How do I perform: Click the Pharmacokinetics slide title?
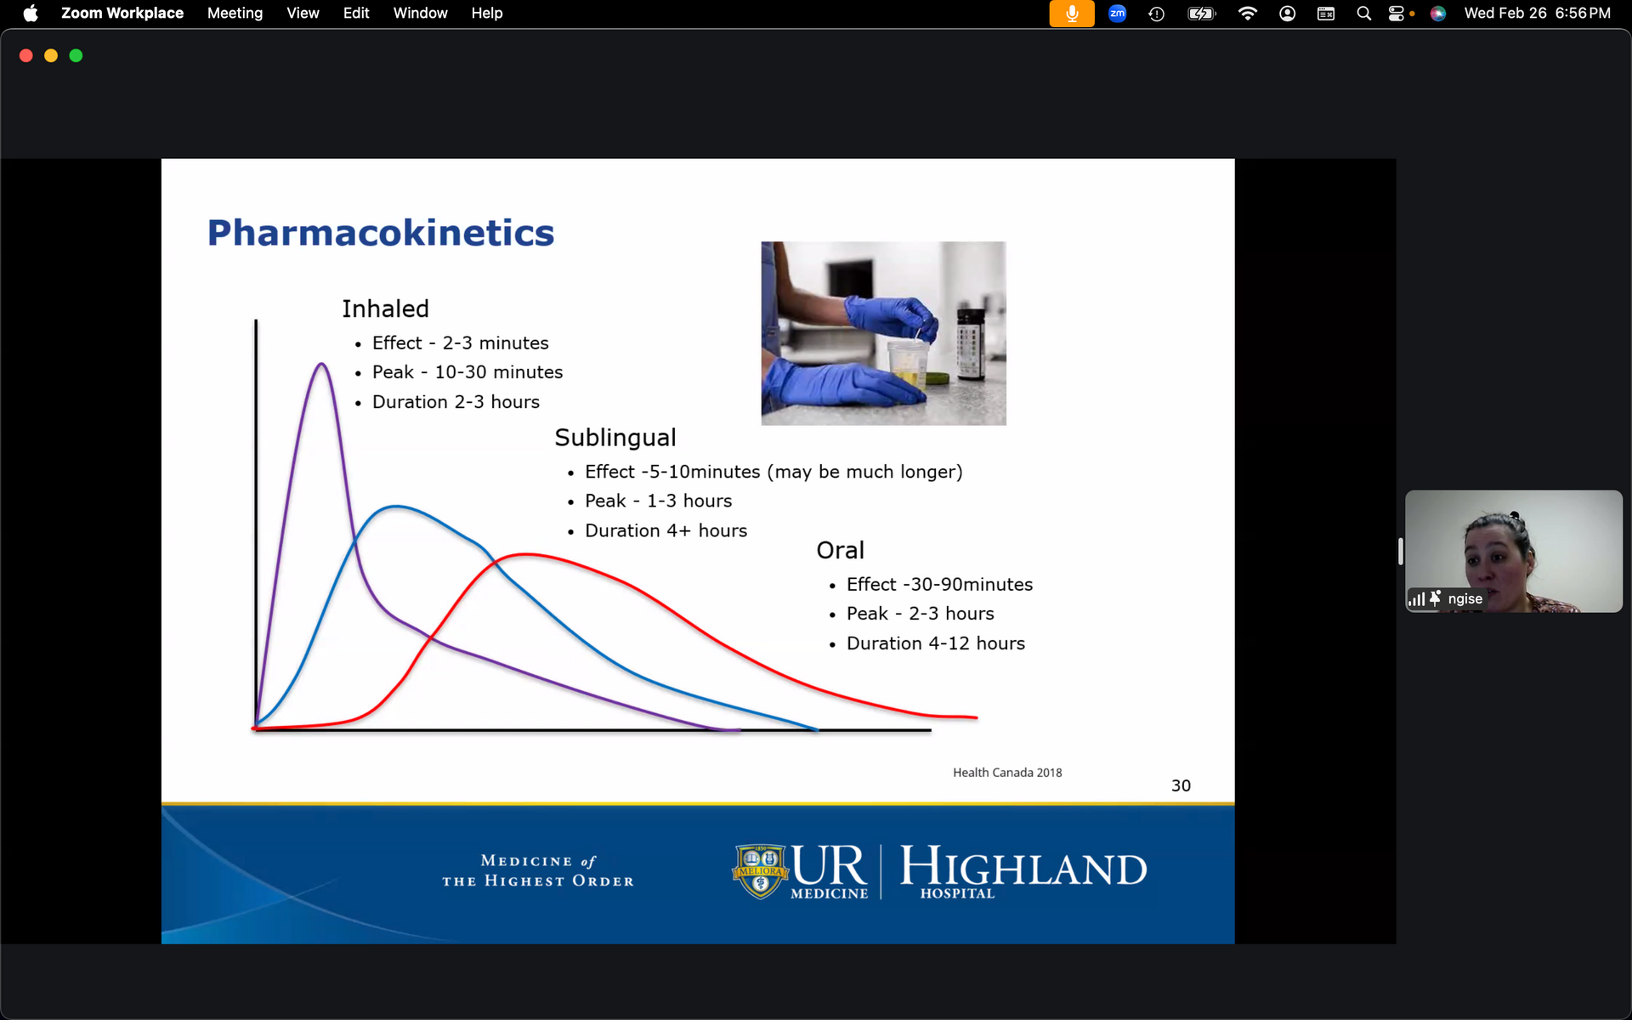tap(381, 233)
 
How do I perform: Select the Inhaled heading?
tap(385, 309)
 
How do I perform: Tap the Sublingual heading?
tap(615, 438)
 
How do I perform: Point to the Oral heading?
tap(840, 550)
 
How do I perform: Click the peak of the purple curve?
tap(321, 365)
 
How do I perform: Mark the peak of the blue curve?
tap(395, 507)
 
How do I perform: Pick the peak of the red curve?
tap(527, 555)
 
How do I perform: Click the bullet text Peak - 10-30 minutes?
tap(467, 372)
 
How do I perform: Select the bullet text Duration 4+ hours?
tap(666, 530)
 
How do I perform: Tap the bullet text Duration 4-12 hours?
tap(936, 643)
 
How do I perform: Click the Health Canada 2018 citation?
tap(1007, 773)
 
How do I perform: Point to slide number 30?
tap(1181, 785)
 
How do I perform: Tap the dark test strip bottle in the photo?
tap(971, 345)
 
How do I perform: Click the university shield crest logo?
tap(761, 870)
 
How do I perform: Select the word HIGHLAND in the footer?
tap(1023, 866)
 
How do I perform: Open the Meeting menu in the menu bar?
tap(235, 13)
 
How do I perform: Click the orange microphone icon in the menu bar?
tap(1072, 14)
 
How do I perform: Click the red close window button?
tap(26, 55)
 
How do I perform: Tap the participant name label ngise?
tap(1465, 598)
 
